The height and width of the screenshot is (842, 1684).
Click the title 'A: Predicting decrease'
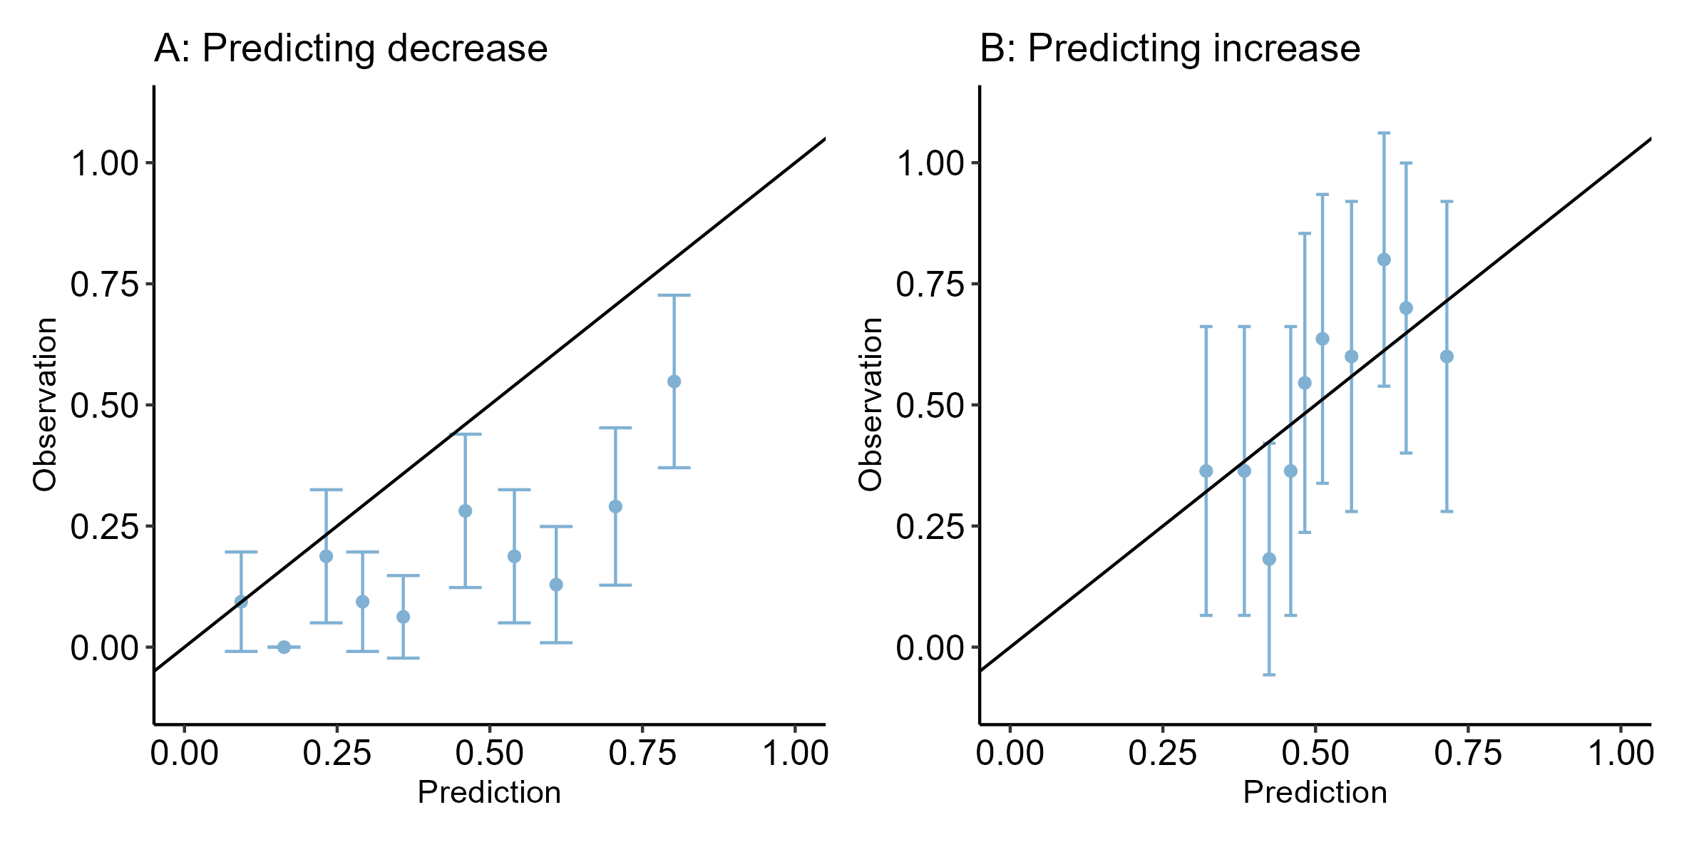point(351,49)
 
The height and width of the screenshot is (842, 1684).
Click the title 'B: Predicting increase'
point(1170,49)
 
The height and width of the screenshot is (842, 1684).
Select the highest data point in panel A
point(674,381)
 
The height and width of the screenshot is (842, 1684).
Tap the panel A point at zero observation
point(284,647)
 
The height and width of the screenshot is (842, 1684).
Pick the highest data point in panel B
point(1384,260)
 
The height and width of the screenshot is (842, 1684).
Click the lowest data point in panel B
point(1269,559)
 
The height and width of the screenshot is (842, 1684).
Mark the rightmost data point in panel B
point(1447,356)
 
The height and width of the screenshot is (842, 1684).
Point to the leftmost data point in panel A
point(241,602)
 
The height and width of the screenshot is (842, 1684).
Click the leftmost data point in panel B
point(1206,471)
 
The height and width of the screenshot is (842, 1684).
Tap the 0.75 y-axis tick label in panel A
point(104,284)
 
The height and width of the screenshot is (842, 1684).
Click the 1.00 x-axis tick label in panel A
point(795,753)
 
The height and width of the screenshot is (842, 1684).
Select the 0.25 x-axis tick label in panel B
point(1162,753)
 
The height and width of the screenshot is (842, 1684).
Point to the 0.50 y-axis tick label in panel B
point(930,406)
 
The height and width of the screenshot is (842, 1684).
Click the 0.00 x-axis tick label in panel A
point(185,753)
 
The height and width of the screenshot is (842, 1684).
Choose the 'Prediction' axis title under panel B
point(1315,792)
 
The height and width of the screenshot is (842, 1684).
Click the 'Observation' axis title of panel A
point(44,404)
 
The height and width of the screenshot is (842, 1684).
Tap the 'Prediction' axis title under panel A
point(489,792)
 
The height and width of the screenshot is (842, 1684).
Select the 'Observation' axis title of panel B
point(870,404)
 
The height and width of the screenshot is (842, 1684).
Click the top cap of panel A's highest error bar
point(674,295)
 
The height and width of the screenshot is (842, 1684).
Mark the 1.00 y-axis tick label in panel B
point(930,163)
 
